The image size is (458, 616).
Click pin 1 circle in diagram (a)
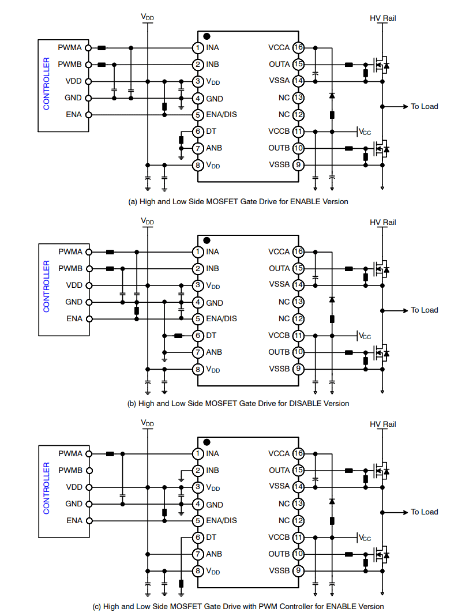tap(198, 48)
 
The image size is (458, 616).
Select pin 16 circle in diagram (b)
tap(298, 251)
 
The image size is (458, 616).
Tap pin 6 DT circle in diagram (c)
tap(198, 538)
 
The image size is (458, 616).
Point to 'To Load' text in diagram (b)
tap(424, 310)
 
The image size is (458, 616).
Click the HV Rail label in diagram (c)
tap(383, 425)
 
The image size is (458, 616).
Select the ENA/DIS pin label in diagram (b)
tap(222, 318)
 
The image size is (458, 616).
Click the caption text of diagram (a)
tap(238, 201)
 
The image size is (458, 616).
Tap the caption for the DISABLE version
tap(238, 403)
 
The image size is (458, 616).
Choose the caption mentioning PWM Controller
tap(238, 606)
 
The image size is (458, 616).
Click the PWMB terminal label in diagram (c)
tap(70, 470)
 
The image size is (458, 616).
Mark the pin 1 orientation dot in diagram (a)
tap(207, 37)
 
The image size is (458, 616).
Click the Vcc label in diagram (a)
tap(365, 132)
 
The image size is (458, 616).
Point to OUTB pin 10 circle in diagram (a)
tap(298, 148)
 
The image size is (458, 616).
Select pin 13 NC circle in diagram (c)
tap(298, 504)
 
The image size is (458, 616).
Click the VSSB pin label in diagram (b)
tap(279, 369)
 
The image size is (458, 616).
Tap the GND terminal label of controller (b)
tap(73, 302)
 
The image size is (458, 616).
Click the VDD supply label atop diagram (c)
tap(148, 423)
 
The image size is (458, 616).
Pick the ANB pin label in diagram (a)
tap(214, 148)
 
